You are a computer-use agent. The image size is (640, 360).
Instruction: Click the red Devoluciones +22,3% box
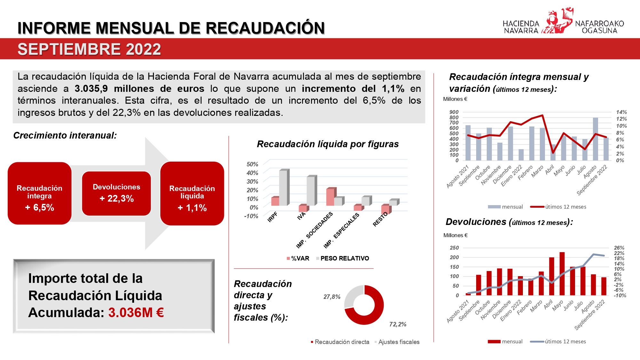point(116,193)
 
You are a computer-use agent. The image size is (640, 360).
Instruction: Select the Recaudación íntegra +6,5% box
point(39,193)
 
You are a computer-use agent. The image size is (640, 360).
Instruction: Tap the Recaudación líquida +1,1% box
point(192,194)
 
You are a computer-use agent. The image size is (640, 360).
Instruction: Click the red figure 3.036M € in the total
point(136,313)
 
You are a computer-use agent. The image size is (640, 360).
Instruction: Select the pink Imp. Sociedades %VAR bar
point(330,197)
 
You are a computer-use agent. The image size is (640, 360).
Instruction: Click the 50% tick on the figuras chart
point(252,164)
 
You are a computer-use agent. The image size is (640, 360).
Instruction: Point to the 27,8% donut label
point(332,297)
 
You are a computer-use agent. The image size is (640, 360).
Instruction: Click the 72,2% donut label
point(398,324)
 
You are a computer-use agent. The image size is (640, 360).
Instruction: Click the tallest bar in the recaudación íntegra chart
point(595,139)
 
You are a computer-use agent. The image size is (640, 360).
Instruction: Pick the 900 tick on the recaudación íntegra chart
point(454,112)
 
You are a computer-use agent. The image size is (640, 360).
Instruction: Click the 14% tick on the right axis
point(621,112)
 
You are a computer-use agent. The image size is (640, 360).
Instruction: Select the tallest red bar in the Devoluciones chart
point(562,274)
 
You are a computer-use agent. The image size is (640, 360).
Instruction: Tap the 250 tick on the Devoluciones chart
point(454,248)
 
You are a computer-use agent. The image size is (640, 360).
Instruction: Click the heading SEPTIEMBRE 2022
point(89,49)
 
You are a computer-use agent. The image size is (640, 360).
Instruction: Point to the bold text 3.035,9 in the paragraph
point(91,89)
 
